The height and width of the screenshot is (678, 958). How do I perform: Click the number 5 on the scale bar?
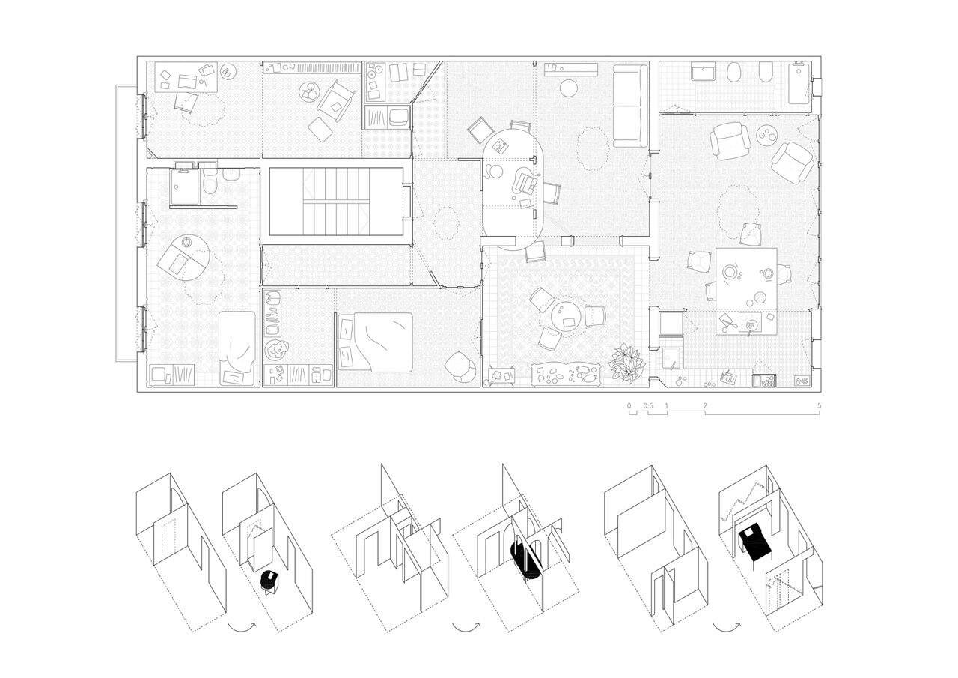(x=819, y=405)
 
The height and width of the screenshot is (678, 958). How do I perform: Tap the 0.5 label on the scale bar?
(x=648, y=405)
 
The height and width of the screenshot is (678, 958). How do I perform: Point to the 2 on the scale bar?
(x=705, y=405)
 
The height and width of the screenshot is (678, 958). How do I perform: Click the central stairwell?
(x=336, y=202)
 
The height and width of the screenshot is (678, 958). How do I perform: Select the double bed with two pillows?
(x=375, y=342)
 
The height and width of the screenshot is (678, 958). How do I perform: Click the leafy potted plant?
(x=627, y=362)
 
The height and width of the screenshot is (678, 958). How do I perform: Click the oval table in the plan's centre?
(x=513, y=190)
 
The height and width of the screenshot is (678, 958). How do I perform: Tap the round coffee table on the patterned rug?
(x=565, y=317)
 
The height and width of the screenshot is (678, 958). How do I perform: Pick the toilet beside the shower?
(x=210, y=181)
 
